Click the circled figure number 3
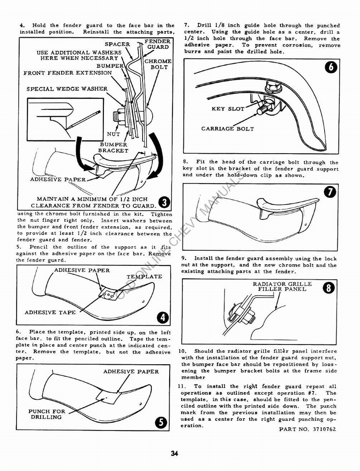pyautogui.click(x=164, y=201)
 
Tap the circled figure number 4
pyautogui.click(x=163, y=317)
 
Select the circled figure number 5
pyautogui.click(x=161, y=422)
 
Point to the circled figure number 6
pyautogui.click(x=331, y=67)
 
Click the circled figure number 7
pyautogui.click(x=330, y=192)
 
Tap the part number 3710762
pyautogui.click(x=307, y=429)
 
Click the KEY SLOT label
pyautogui.click(x=228, y=109)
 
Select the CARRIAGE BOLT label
pyautogui.click(x=227, y=129)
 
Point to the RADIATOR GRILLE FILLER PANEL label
pyautogui.click(x=282, y=287)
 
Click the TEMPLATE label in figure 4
pyautogui.click(x=144, y=276)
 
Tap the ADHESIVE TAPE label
pyautogui.click(x=50, y=312)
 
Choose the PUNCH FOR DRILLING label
pyautogui.click(x=47, y=414)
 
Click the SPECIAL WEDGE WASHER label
pyautogui.click(x=67, y=89)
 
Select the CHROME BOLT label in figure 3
pyautogui.click(x=158, y=64)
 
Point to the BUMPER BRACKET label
pyautogui.click(x=113, y=148)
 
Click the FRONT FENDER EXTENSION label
pyautogui.click(x=68, y=73)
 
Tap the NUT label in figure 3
pyautogui.click(x=113, y=134)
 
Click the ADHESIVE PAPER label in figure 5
pyautogui.click(x=131, y=372)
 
